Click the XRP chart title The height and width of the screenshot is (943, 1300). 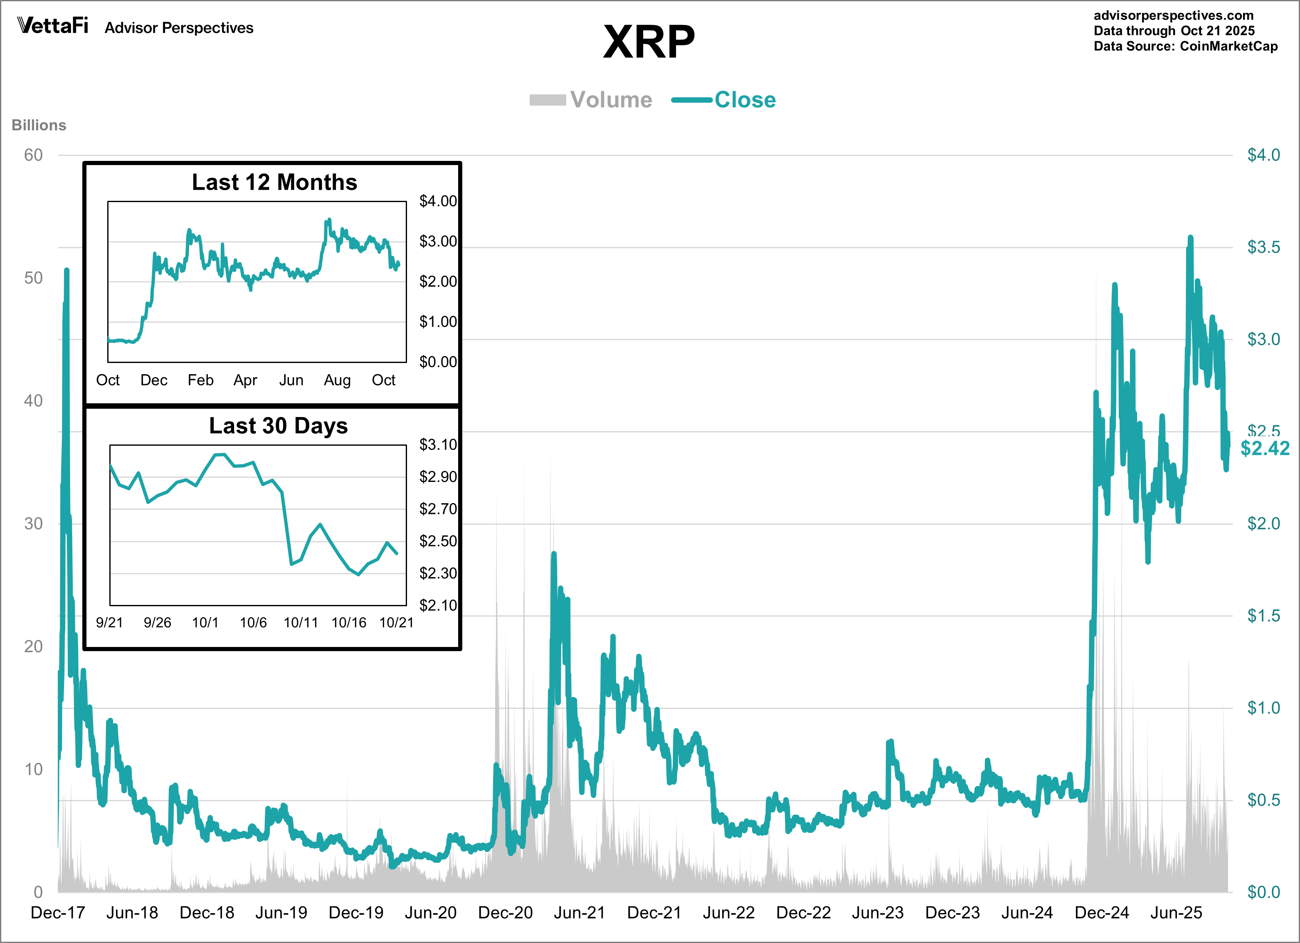[x=649, y=42]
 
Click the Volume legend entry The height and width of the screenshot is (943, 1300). [x=591, y=100]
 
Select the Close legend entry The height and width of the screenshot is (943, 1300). [x=724, y=100]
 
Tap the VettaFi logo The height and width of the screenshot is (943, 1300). [x=53, y=26]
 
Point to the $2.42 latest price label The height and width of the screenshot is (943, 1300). [x=1265, y=448]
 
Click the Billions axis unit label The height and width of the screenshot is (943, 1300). [x=39, y=125]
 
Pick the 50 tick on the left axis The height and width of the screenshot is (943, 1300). [x=33, y=278]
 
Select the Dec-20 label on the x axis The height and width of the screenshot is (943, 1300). [x=505, y=913]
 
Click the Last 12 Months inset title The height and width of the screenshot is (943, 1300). [x=274, y=182]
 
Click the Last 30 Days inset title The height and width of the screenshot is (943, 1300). [x=278, y=426]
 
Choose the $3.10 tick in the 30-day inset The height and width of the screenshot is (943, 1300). [x=438, y=445]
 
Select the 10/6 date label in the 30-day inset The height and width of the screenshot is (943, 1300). [x=253, y=622]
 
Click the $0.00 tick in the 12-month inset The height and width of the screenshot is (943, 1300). [x=438, y=362]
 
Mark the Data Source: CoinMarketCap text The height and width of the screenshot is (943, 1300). [x=1185, y=47]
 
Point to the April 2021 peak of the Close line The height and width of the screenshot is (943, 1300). [x=554, y=554]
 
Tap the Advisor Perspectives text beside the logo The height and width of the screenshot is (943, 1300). [x=179, y=28]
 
